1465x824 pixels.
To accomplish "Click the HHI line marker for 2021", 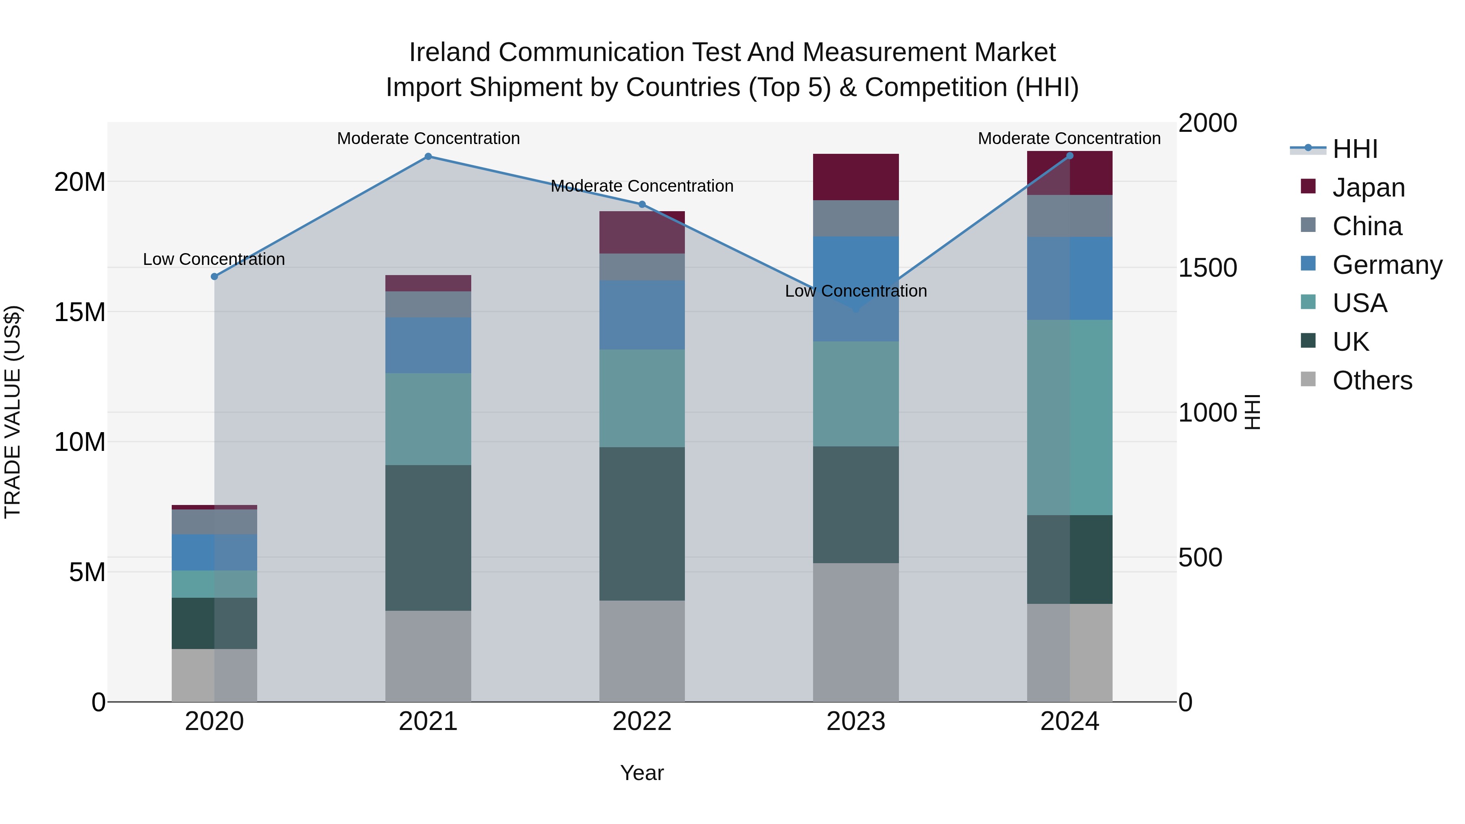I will pos(428,156).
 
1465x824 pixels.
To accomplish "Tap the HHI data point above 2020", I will pos(214,276).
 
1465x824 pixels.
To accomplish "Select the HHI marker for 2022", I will pos(642,204).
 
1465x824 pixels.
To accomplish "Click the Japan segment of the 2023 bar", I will pos(856,177).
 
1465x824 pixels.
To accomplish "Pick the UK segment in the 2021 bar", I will pos(428,538).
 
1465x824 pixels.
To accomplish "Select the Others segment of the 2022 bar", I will pos(642,651).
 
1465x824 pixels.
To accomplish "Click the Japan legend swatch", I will pos(1308,186).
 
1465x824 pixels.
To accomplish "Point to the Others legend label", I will pos(1372,380).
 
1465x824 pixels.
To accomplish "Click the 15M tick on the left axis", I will pos(80,312).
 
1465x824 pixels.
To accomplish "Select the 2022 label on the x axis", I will pos(642,721).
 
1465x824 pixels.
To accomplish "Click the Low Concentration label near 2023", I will pos(856,291).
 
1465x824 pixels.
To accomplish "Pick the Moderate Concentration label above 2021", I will pos(428,138).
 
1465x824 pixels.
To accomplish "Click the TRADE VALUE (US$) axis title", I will pos(13,412).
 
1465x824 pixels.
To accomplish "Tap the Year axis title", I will pos(642,773).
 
